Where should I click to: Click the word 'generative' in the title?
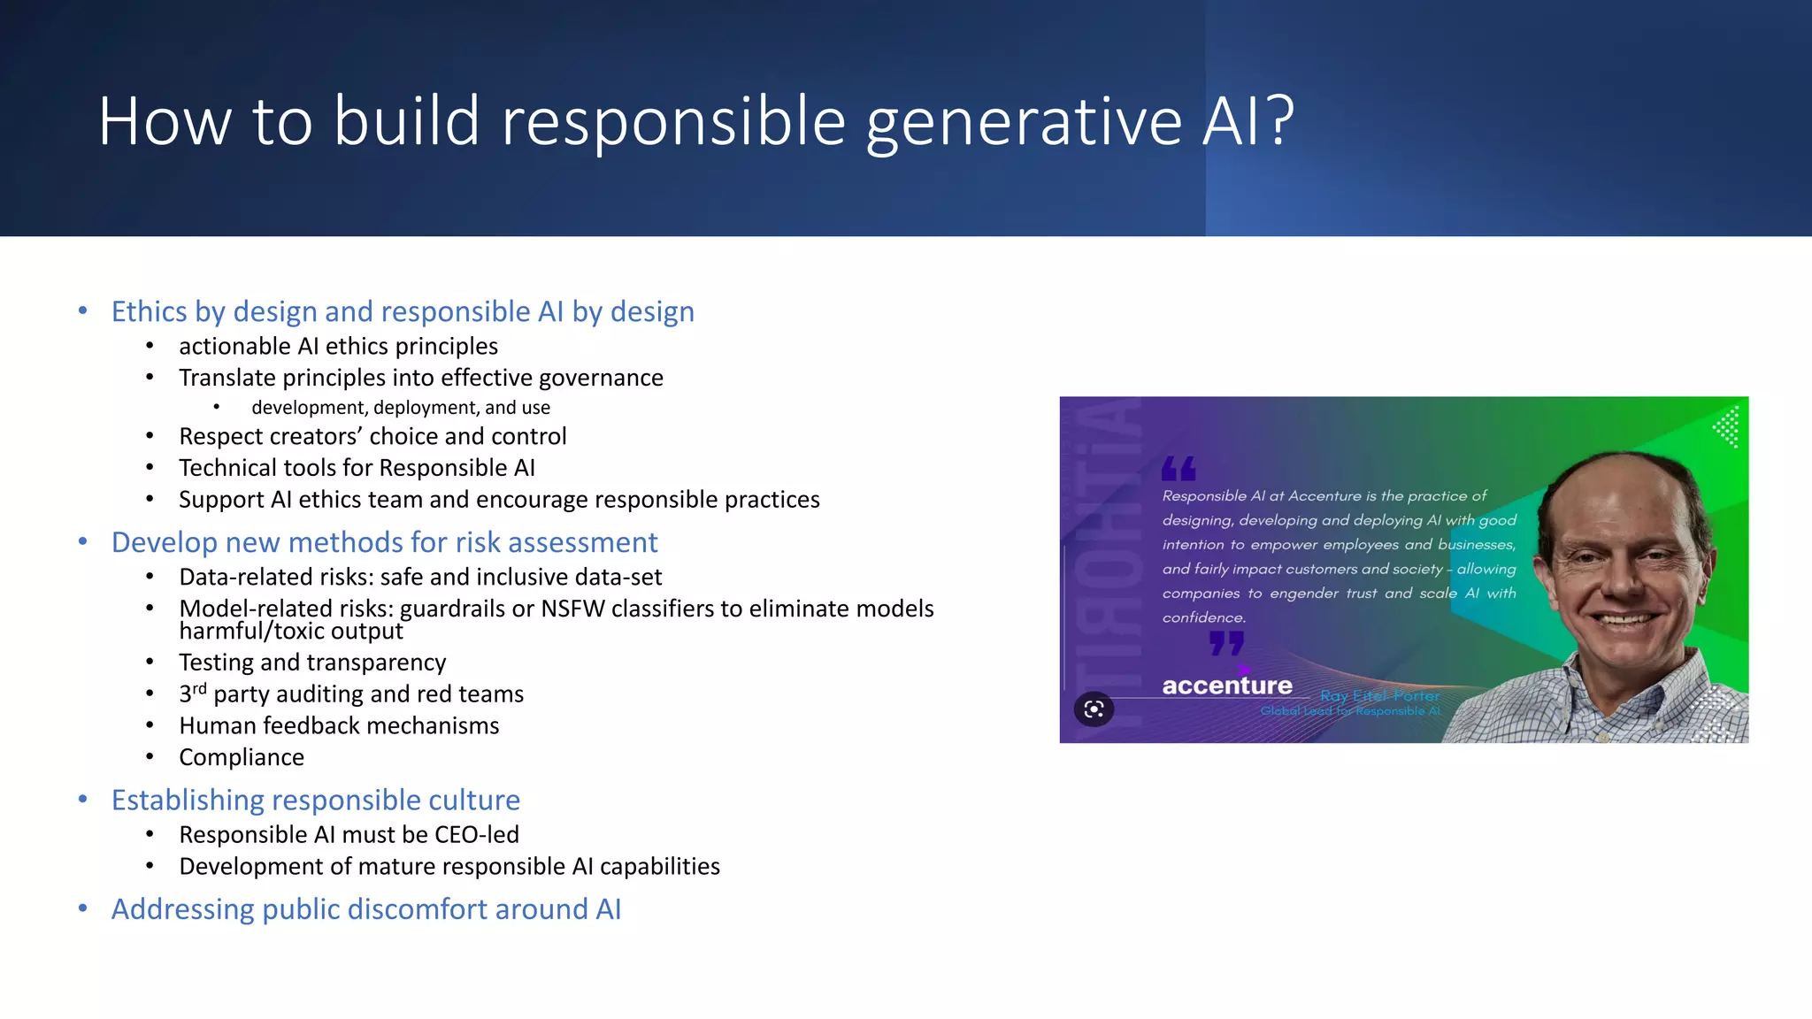[x=1024, y=123]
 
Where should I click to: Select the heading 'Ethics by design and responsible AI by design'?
[x=403, y=311]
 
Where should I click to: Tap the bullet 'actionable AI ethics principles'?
[x=338, y=346]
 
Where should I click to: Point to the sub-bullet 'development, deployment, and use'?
[x=400, y=408]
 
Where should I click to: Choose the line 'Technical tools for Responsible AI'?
[x=357, y=468]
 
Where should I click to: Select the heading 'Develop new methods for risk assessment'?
[x=384, y=542]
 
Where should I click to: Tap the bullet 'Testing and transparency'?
[x=312, y=663]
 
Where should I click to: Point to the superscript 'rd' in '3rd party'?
[x=199, y=688]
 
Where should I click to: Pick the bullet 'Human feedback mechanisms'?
[x=339, y=726]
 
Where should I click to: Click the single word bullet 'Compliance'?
[x=242, y=758]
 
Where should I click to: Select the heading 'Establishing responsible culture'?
[x=315, y=800]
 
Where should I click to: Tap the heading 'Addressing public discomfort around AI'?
[x=365, y=909]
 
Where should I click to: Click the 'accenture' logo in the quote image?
[x=1226, y=686]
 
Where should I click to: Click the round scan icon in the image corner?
[x=1094, y=709]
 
